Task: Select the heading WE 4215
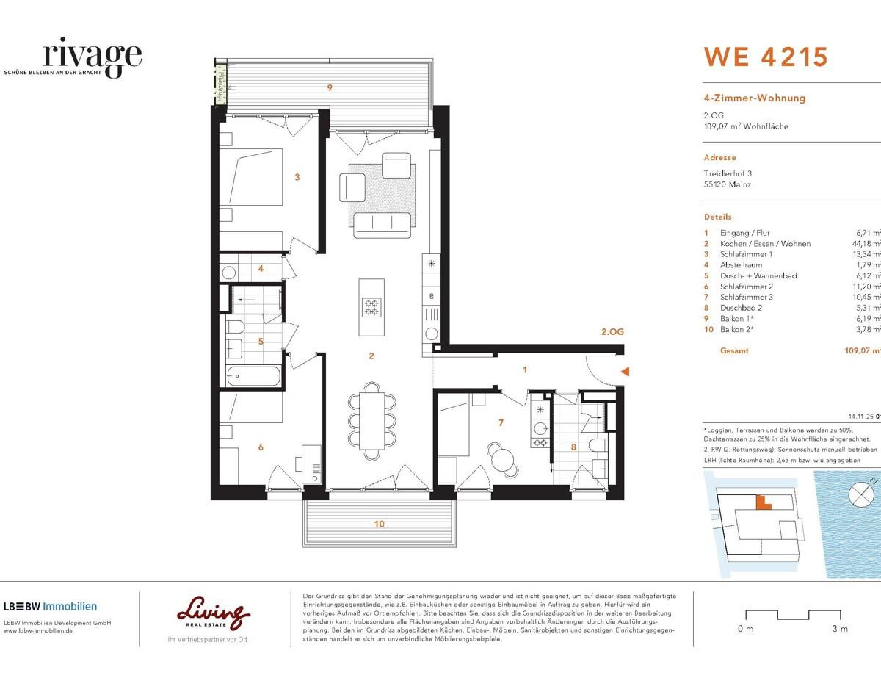pos(766,57)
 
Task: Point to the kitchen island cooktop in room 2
pos(371,307)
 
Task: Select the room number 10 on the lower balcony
pos(379,524)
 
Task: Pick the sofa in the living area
pos(381,225)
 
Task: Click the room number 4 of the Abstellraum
pos(261,269)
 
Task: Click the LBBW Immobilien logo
pos(50,606)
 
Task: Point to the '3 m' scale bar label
pos(840,629)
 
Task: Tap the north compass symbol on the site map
pos(860,494)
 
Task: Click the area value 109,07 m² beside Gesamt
pos(863,350)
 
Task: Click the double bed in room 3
pos(251,177)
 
